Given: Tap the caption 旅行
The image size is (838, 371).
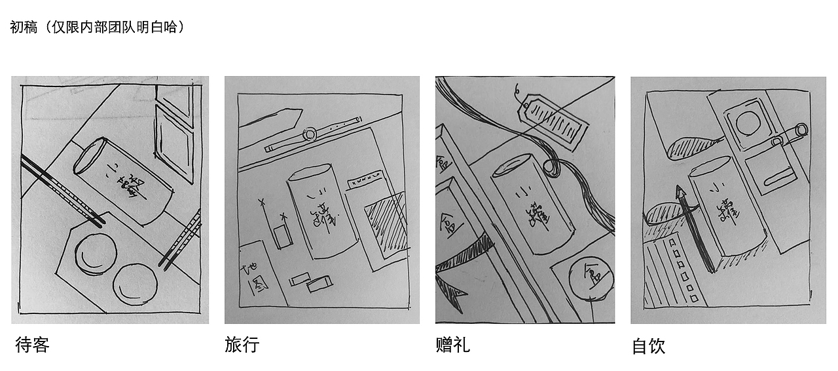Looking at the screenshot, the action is [242, 344].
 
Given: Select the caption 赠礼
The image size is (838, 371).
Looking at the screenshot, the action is [452, 345].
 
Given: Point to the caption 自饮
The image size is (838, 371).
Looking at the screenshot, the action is [648, 346].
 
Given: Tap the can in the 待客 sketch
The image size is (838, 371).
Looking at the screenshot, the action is [124, 180].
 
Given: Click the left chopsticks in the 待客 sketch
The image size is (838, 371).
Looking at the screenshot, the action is [62, 190].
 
